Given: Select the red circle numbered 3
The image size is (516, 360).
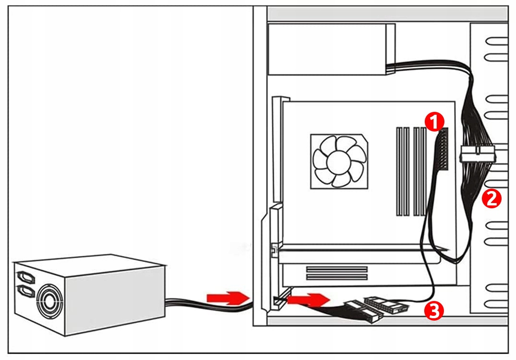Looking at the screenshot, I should pyautogui.click(x=433, y=311).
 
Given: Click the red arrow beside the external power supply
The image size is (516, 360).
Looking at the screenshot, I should pyautogui.click(x=224, y=298).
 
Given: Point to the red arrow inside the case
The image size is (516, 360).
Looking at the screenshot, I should pyautogui.click(x=307, y=301).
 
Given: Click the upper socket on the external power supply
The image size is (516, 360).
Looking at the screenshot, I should pyautogui.click(x=25, y=277).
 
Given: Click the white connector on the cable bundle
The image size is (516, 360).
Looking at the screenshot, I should pyautogui.click(x=478, y=156).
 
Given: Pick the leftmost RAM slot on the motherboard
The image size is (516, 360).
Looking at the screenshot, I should pyautogui.click(x=399, y=171).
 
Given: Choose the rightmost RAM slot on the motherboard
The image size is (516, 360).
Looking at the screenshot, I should pyautogui.click(x=423, y=171).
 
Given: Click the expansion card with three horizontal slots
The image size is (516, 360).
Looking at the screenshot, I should pyautogui.click(x=336, y=274).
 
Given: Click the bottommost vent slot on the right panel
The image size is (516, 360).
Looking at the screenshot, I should pyautogui.click(x=497, y=303).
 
